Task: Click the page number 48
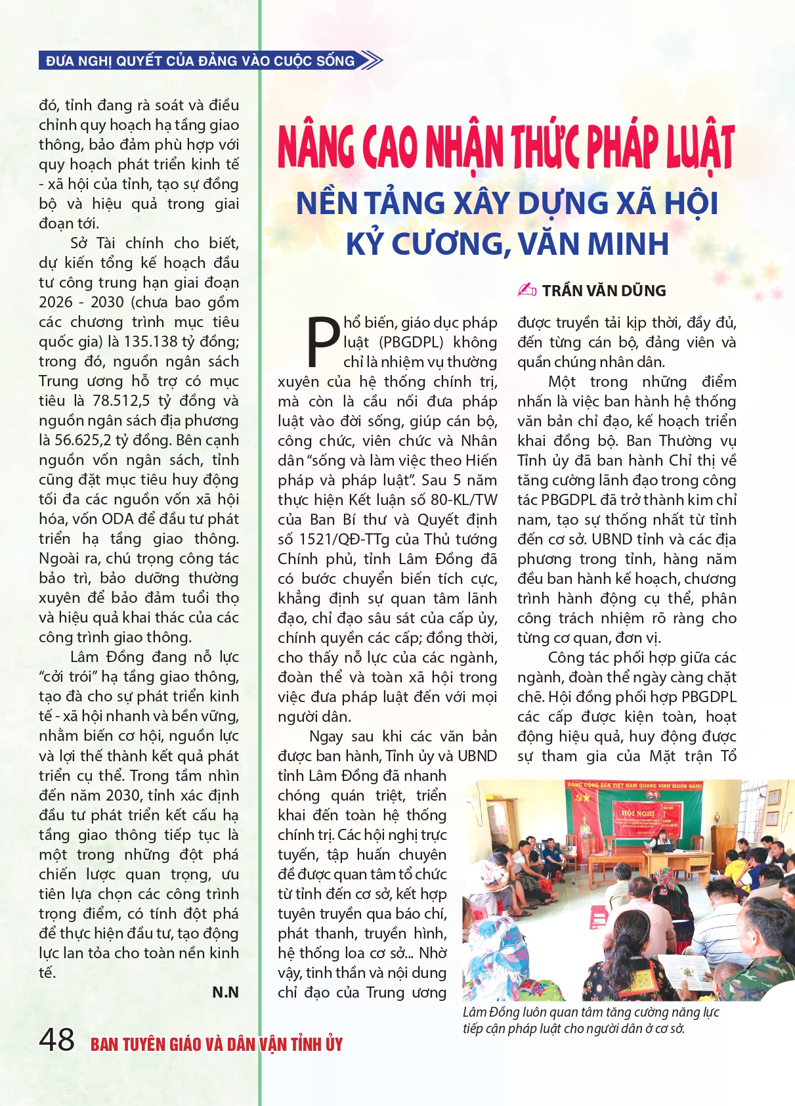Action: point(56,1040)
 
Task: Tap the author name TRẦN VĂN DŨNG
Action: point(603,290)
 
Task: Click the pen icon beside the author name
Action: point(526,290)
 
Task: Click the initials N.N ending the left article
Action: point(225,992)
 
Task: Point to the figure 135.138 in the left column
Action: point(152,342)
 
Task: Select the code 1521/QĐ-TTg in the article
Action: point(344,539)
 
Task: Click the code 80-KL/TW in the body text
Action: point(463,500)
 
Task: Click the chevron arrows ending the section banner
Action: point(372,61)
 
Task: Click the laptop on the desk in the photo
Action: point(665,847)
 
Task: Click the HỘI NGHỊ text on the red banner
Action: point(637,812)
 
